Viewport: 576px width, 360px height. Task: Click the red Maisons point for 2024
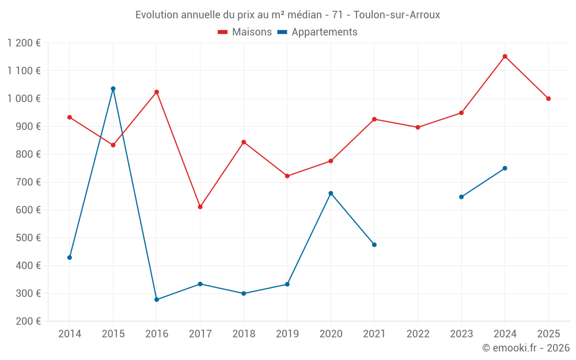click(505, 56)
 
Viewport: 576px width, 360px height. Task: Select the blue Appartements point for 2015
click(113, 89)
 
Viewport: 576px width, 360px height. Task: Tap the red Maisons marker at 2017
click(200, 207)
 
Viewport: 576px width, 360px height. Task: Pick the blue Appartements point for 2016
click(157, 300)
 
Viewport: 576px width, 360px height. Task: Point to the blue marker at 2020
click(331, 194)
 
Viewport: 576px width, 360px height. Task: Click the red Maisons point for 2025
click(548, 98)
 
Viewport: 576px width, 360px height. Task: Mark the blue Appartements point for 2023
click(461, 197)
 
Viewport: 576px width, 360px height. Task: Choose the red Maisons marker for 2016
click(157, 92)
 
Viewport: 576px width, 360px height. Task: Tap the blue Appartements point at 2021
click(374, 245)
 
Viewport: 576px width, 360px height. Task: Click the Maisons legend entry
click(245, 32)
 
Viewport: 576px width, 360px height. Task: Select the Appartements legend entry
click(317, 32)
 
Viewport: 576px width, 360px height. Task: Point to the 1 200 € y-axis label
click(24, 43)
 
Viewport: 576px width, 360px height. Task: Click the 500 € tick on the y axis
click(29, 238)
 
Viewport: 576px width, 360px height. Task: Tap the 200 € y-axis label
click(29, 321)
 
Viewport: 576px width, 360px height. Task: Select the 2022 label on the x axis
click(418, 334)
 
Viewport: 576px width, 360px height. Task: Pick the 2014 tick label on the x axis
click(70, 334)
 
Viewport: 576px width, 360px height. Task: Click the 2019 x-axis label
click(287, 334)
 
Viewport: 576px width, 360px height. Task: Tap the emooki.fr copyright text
click(525, 348)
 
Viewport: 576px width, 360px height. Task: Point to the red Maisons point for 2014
click(70, 118)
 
